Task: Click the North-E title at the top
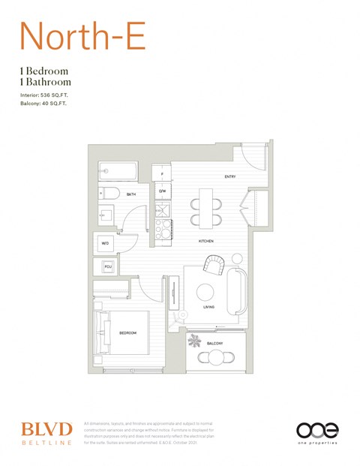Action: pos(82,35)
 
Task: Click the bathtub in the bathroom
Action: pos(118,172)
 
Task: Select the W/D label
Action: pos(105,243)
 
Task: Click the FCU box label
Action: pos(107,266)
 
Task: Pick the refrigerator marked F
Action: pos(162,173)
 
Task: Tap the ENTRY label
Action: pos(230,176)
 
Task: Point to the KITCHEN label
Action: pos(206,241)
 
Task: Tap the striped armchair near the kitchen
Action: pos(214,265)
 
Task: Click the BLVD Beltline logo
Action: pos(46,432)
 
